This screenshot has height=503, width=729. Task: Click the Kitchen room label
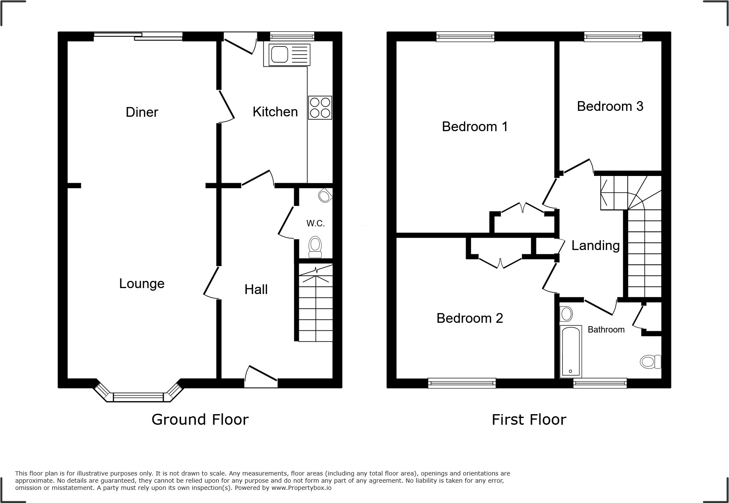pyautogui.click(x=275, y=112)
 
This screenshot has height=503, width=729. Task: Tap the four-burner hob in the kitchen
pyautogui.click(x=320, y=107)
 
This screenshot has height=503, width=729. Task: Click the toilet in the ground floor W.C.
pyautogui.click(x=315, y=247)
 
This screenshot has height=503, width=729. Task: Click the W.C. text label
pyautogui.click(x=315, y=223)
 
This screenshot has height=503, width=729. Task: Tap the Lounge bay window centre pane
pyautogui.click(x=138, y=397)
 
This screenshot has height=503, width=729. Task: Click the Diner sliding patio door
pyautogui.click(x=138, y=37)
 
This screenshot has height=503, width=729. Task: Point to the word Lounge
pyautogui.click(x=141, y=283)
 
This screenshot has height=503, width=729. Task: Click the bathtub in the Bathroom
pyautogui.click(x=570, y=351)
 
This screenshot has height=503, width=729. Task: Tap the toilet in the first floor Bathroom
pyautogui.click(x=650, y=361)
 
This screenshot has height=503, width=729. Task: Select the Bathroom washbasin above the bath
pyautogui.click(x=566, y=314)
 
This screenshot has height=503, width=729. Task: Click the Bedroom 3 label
pyautogui.click(x=610, y=106)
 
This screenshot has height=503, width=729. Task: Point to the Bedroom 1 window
pyautogui.click(x=465, y=37)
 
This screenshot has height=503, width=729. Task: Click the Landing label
pyautogui.click(x=595, y=245)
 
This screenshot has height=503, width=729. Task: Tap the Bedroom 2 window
pyautogui.click(x=461, y=383)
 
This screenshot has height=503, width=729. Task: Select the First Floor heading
pyautogui.click(x=528, y=420)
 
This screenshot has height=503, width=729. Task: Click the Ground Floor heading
pyautogui.click(x=200, y=420)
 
